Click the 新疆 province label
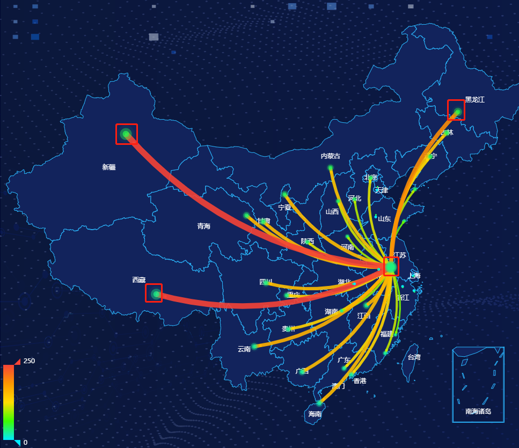point(109,167)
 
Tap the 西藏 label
point(139,280)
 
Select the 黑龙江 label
point(474,100)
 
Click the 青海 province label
point(204,226)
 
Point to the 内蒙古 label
point(330,156)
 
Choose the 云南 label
point(244,349)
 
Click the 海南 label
point(315,414)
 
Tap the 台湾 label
point(414,357)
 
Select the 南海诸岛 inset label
point(478,412)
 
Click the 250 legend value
point(29,361)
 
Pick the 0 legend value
point(25,443)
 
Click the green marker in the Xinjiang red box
point(126,134)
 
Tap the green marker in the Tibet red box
point(156,293)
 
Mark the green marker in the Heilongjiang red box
point(457,112)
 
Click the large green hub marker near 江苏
point(391,267)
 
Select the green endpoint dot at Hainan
point(320,402)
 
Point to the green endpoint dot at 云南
point(254,346)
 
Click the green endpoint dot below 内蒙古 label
point(331,168)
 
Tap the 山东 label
point(384,219)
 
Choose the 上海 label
point(414,276)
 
